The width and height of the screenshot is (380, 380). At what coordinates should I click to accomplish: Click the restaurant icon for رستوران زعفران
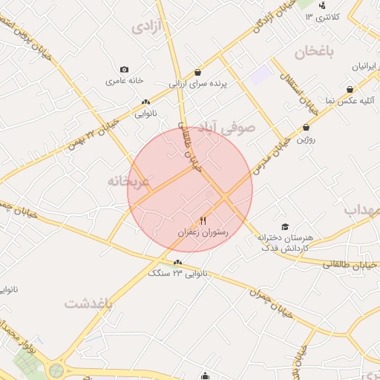[203, 220]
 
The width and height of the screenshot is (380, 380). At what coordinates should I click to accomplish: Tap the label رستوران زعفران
[203, 232]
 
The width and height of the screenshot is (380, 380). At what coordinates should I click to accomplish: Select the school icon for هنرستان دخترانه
[284, 226]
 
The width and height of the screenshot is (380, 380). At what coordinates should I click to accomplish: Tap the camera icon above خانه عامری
[124, 69]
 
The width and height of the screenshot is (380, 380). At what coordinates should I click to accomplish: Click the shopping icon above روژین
[306, 128]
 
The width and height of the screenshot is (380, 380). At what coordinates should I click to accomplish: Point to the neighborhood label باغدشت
[88, 304]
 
